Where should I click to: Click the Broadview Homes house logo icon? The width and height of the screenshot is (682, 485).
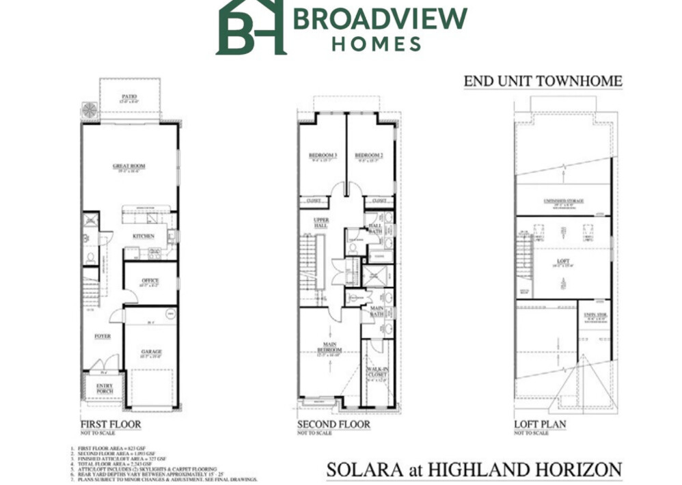[250, 27]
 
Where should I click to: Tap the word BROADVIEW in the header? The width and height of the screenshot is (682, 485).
[380, 18]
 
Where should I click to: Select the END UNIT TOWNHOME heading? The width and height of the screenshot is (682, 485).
[543, 81]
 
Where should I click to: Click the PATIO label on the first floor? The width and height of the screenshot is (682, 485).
[129, 96]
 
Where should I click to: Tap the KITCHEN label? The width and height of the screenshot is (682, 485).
[144, 236]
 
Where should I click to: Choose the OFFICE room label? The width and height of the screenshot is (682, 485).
[150, 280]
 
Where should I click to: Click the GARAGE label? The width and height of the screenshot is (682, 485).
[151, 352]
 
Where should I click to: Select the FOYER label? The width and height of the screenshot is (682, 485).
[103, 336]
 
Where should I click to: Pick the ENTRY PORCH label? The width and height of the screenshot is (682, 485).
[104, 388]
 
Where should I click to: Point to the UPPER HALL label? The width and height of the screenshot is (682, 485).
[320, 223]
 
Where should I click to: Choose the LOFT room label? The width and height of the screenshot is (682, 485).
[562, 262]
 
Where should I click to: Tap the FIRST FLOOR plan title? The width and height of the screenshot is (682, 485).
[111, 424]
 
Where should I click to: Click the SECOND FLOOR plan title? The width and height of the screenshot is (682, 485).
[333, 424]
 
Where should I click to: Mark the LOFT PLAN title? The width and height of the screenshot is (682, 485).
[540, 424]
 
